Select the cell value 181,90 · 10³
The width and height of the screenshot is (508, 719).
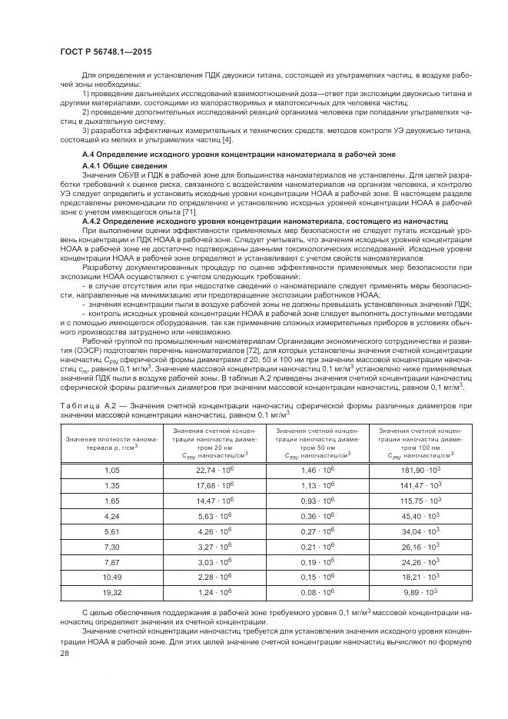[x=419, y=468]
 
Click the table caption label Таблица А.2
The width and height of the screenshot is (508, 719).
[x=85, y=406]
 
